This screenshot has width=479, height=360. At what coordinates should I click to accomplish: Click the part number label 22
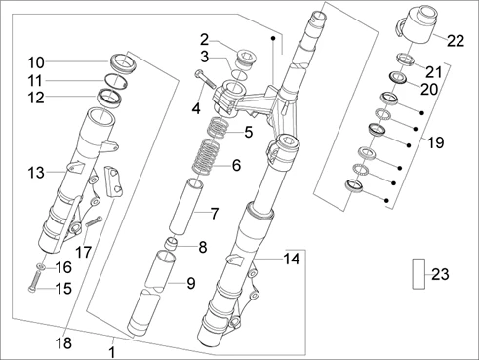coord(456,41)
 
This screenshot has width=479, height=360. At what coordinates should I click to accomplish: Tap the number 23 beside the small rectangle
coord(440,274)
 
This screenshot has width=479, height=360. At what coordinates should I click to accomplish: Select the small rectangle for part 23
coord(419,273)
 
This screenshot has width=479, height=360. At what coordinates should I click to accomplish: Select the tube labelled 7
coord(186,207)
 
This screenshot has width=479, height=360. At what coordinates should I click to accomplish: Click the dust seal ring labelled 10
coord(123,63)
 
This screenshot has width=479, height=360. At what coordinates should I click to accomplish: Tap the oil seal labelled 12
coord(110,98)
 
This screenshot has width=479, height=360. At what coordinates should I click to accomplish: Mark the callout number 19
coord(435,142)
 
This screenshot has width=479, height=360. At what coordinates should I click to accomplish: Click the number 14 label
coord(292,260)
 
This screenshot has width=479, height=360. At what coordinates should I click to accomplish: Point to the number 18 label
coord(63,342)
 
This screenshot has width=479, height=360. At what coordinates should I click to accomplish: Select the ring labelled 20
coord(399,78)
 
